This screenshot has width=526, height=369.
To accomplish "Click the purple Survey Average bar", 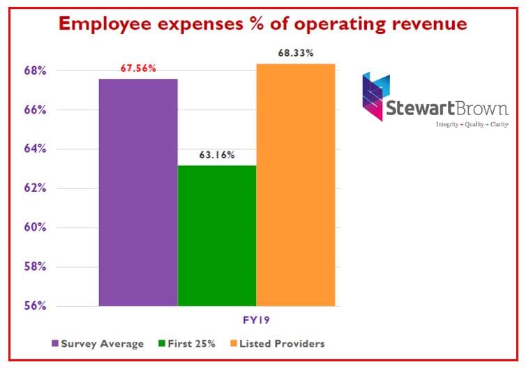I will tap(138, 192).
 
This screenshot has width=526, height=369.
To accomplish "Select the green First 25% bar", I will tap(217, 235).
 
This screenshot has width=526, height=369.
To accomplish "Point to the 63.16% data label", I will tap(217, 155).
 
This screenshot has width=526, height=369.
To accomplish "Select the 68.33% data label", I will tap(296, 53).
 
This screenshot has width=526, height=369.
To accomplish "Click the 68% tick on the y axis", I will tap(36, 70).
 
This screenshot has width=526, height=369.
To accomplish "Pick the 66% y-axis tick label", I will tap(36, 110).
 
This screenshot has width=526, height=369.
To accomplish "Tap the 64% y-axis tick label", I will tap(36, 149).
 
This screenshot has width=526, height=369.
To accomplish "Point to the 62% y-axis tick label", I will tap(36, 188).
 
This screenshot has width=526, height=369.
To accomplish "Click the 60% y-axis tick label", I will tap(36, 227).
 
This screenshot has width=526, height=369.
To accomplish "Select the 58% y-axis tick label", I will tap(36, 266).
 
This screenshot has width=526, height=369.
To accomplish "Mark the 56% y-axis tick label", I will tap(36, 306).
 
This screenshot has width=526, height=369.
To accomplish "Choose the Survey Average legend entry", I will tap(97, 343).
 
